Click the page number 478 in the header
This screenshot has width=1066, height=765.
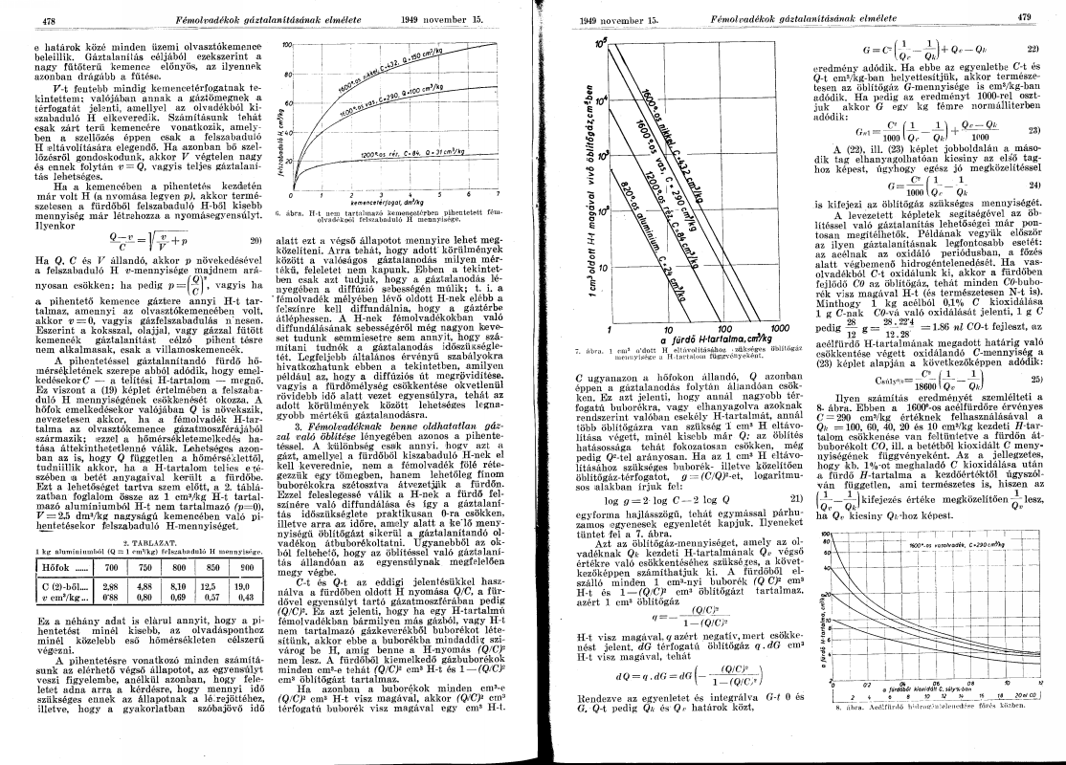coord(40,20)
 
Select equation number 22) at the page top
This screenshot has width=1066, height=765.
coord(1033,47)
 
